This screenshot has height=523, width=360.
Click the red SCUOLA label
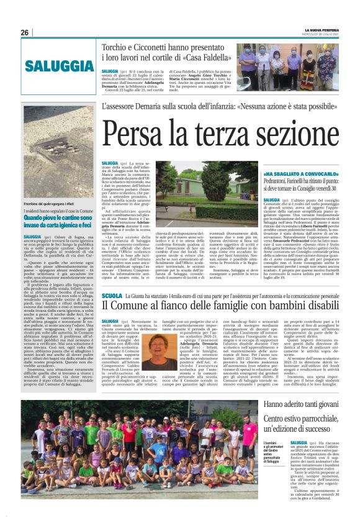point(112,297)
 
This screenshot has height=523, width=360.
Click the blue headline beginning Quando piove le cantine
point(60,220)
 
